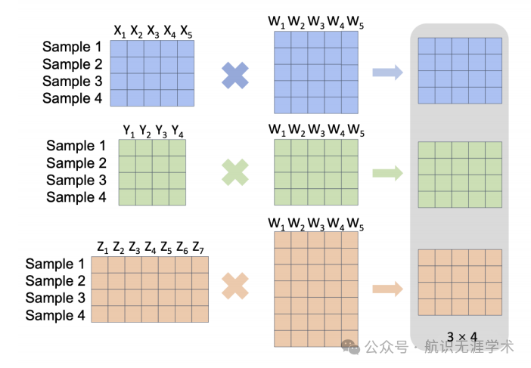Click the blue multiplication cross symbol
point(235,75)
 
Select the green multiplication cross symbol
point(235,172)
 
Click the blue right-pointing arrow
point(388,73)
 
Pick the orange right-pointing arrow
point(388,287)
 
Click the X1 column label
point(120,31)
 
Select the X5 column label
point(186,31)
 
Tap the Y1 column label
point(129,131)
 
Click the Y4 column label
point(178,131)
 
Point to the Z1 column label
point(101,247)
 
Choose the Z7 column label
point(199,247)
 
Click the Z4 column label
point(150,247)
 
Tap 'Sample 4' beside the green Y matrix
point(76,197)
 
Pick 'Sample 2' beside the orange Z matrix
point(54,281)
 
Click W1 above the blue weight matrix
point(277,23)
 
